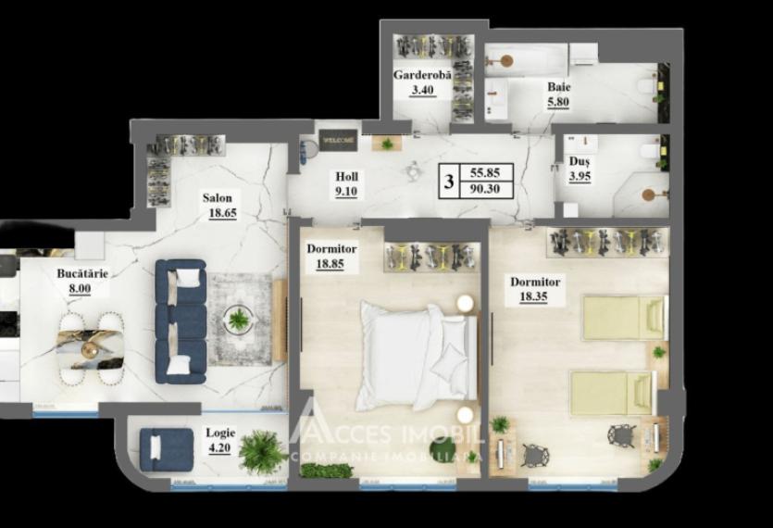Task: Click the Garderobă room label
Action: coord(422,76)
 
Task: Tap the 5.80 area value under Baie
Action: coord(558,104)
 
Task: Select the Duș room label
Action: coord(580,160)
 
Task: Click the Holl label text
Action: coord(349,177)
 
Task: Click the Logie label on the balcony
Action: coord(222,433)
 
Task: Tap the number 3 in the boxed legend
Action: coord(449,182)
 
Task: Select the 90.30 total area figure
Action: coord(485,189)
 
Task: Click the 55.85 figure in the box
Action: coord(485,172)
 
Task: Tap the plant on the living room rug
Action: coord(239,321)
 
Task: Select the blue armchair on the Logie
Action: coord(163,447)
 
